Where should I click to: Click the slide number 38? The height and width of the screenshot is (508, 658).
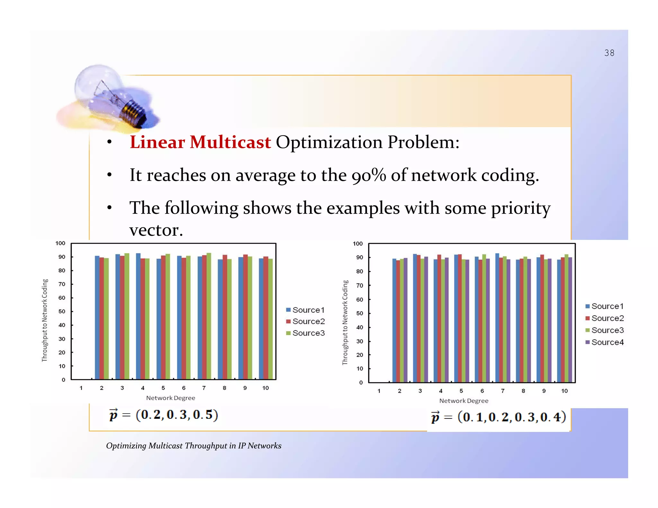(609, 53)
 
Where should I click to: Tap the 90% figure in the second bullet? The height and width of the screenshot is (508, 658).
(369, 175)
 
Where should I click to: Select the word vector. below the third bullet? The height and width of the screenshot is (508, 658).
(156, 230)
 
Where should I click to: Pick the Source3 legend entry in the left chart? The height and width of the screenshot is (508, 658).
(306, 333)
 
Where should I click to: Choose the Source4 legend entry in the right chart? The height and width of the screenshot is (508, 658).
(605, 342)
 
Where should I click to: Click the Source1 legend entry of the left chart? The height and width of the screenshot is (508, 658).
(306, 310)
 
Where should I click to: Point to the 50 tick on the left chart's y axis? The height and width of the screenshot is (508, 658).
(62, 311)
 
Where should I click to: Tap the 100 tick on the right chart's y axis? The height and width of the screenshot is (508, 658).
(358, 244)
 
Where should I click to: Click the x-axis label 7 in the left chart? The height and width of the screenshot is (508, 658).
(204, 388)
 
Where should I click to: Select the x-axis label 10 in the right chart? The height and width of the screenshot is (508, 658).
(564, 391)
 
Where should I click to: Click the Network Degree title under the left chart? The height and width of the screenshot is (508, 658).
(171, 398)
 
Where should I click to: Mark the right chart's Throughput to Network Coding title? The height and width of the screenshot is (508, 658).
(345, 322)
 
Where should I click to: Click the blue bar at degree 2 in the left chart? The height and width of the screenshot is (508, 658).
(97, 318)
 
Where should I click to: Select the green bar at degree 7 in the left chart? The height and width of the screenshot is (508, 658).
(209, 316)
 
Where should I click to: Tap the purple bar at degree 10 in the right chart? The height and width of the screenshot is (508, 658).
(570, 320)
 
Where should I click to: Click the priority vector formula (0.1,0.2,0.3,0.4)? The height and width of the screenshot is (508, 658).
(499, 417)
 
